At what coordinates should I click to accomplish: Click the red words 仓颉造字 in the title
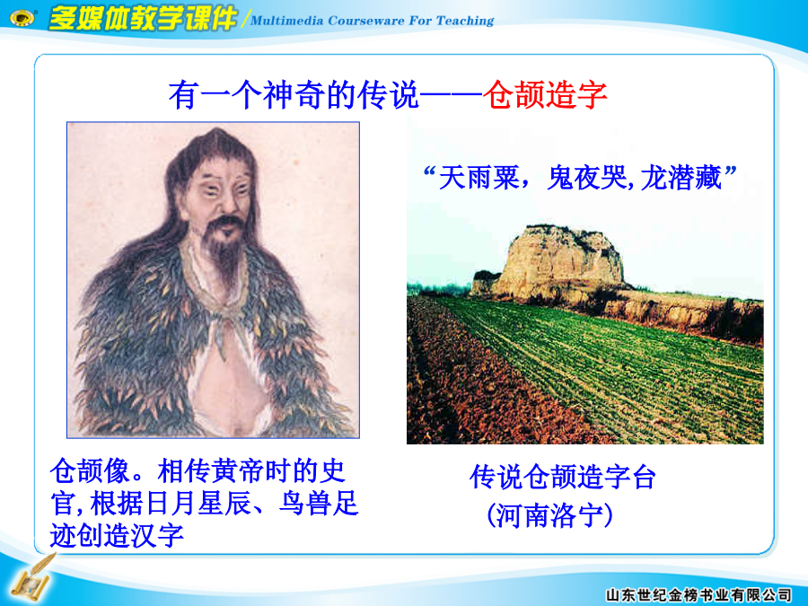point(545,95)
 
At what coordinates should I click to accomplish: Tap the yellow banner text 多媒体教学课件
point(142,19)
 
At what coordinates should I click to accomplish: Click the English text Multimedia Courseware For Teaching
point(372,21)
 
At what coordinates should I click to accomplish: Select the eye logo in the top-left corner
point(22,18)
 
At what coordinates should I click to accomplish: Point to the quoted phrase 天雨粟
point(479,179)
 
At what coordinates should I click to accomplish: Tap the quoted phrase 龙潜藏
point(681,179)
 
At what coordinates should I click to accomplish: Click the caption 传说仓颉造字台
point(562,477)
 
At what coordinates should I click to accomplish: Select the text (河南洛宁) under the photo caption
point(549,514)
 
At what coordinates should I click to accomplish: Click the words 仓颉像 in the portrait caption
point(90,471)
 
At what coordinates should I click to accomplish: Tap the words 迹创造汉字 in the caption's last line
point(117,535)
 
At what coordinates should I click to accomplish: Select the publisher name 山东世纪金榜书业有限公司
point(698,595)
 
